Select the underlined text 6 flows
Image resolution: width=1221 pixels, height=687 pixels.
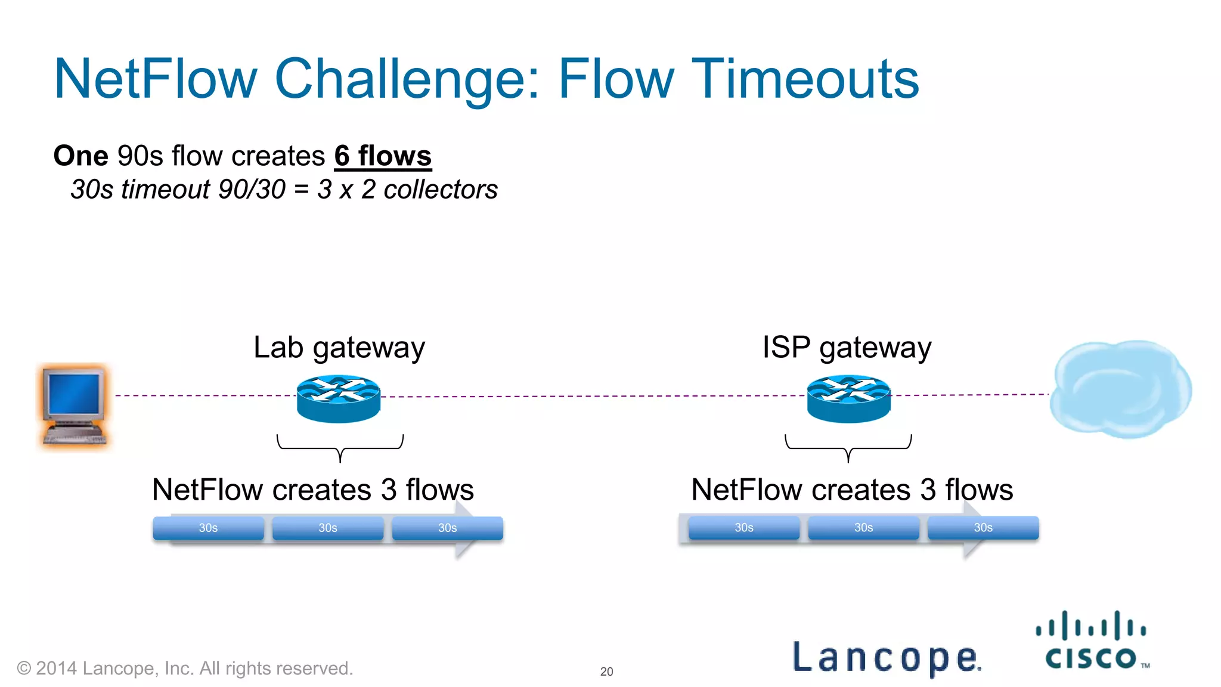(382, 156)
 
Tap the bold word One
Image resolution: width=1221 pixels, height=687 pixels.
(80, 156)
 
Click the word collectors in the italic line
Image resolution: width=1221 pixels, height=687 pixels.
(440, 190)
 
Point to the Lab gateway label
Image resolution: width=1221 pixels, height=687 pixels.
(339, 348)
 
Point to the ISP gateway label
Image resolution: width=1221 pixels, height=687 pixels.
(847, 348)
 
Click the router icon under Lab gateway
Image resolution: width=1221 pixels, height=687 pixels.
(338, 398)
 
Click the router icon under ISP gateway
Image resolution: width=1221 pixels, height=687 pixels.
(848, 398)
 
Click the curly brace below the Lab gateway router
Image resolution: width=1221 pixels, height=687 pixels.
(340, 447)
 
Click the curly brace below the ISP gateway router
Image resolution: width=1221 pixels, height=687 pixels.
(848, 447)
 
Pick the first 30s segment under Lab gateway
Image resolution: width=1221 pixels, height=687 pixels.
(208, 528)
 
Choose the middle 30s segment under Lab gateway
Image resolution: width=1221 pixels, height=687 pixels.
(327, 528)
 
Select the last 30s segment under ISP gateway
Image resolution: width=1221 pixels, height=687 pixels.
(983, 527)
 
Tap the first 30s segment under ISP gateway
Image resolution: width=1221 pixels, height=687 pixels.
(743, 527)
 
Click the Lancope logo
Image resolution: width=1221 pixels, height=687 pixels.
(887, 657)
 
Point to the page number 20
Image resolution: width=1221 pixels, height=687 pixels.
(606, 671)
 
